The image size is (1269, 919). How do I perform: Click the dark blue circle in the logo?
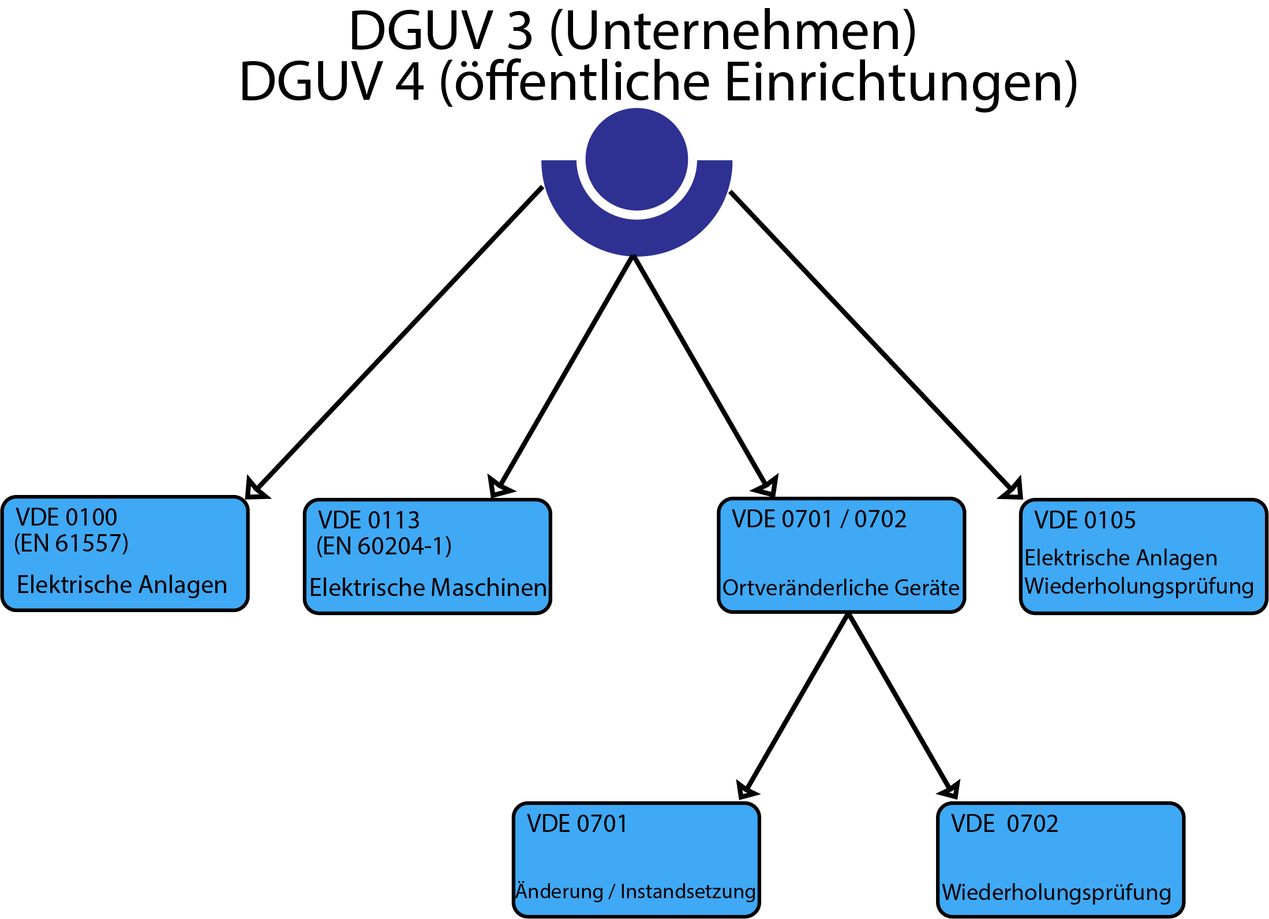tap(637, 159)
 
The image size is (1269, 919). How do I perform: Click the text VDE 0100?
tap(66, 517)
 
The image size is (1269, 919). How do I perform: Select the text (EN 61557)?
tap(72, 543)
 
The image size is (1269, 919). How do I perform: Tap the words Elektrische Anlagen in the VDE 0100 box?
tap(122, 585)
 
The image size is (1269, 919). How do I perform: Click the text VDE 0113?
tap(369, 520)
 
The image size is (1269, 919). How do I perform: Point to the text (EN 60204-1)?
tap(384, 546)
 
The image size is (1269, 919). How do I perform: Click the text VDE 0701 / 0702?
tap(819, 519)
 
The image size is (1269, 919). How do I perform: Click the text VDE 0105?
tap(1085, 520)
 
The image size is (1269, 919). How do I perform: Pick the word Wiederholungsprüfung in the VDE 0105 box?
tap(1139, 586)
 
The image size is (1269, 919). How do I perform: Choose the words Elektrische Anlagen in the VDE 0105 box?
tap(1121, 558)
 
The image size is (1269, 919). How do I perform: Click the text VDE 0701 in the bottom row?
tap(577, 824)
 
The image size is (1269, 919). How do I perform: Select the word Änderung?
tap(559, 891)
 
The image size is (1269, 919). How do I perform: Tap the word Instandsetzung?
tap(688, 891)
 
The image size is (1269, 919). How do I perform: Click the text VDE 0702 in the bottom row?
tap(1005, 824)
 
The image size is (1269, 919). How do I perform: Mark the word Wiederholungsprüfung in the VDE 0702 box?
tap(1057, 892)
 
